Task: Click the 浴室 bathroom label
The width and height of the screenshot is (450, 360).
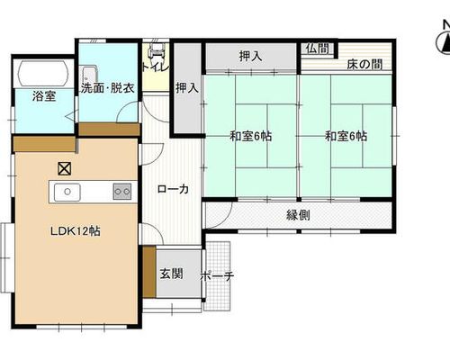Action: [44, 96]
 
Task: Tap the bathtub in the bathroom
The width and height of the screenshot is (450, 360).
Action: [42, 74]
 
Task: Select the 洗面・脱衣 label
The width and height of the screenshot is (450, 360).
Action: [107, 88]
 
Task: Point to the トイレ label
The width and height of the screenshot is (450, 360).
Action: [156, 67]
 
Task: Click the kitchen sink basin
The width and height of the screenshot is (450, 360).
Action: [67, 193]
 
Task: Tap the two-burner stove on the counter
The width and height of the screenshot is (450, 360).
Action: [122, 192]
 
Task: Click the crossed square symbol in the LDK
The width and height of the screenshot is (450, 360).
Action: [64, 169]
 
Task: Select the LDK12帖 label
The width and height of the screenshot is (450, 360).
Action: [76, 231]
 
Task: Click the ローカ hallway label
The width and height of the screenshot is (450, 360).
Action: [173, 189]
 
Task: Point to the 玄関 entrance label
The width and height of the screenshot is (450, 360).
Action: [171, 274]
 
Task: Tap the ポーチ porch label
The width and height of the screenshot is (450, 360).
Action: [217, 276]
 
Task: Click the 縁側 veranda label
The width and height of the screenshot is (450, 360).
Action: [298, 215]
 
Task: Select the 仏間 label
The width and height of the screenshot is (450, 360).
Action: [318, 49]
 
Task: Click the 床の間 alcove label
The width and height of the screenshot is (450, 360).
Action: [364, 64]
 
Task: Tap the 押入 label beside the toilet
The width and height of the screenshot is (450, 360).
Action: [187, 87]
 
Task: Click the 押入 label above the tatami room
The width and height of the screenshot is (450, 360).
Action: [250, 56]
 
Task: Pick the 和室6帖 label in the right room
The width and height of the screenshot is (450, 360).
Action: [346, 136]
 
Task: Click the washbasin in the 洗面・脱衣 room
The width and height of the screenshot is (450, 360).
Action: [89, 75]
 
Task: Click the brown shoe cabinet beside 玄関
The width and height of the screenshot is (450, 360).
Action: [149, 272]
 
